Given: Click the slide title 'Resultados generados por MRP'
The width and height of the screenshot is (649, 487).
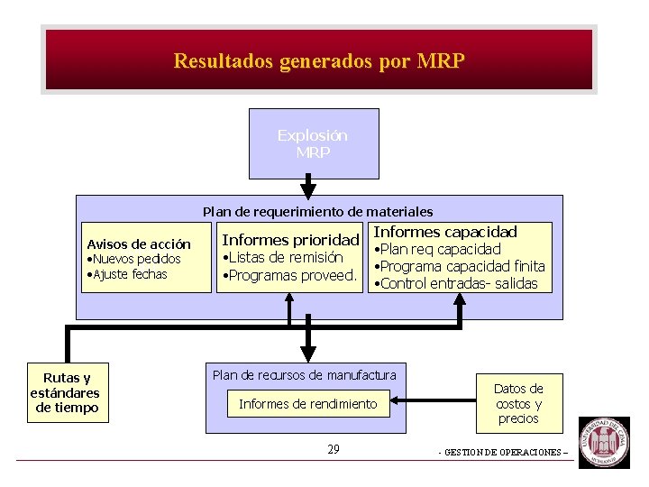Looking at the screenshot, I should click(319, 61).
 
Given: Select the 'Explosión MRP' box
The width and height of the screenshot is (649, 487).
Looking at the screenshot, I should click(313, 143).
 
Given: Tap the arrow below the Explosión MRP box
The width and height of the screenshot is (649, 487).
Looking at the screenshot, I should click(308, 188).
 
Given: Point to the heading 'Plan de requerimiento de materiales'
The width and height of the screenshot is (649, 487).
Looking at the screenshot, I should click(317, 212).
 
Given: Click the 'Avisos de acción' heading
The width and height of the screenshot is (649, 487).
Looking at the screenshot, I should click(139, 244).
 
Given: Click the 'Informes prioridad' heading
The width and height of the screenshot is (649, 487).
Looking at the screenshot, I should click(290, 241).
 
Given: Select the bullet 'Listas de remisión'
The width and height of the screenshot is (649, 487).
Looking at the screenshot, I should click(285, 258).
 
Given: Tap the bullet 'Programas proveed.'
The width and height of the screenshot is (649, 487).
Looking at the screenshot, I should click(291, 275).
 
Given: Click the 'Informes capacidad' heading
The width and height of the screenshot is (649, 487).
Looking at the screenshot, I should click(445, 233).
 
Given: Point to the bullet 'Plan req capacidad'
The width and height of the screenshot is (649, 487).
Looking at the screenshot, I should click(439, 249).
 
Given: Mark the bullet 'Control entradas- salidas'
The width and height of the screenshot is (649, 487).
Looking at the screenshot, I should click(458, 283).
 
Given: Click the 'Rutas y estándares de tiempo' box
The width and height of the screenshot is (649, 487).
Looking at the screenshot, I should click(65, 393).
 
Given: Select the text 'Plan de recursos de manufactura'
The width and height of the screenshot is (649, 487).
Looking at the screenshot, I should click(305, 374).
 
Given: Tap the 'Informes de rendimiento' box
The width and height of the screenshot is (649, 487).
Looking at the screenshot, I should click(308, 404).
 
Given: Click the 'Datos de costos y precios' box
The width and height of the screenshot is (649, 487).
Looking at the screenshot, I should click(518, 403).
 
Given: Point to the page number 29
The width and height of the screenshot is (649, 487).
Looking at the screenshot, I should click(334, 449).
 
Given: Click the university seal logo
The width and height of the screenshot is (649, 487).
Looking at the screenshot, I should click(604, 442).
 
